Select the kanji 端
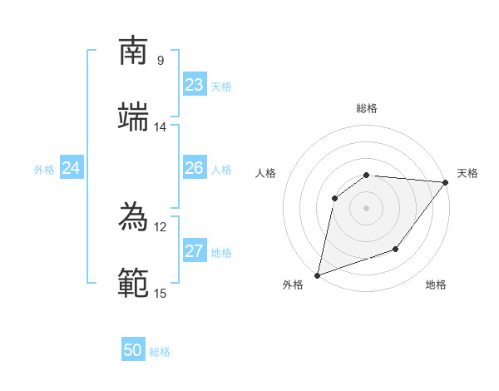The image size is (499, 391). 134,116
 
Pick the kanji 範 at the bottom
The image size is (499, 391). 134,283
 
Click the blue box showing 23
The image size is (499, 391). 195,85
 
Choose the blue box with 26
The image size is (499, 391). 195,168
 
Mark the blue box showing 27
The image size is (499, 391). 195,251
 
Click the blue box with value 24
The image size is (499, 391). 71,168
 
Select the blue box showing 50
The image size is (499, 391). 133,350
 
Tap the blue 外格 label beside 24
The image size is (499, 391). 44,170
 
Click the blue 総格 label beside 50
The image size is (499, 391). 160,352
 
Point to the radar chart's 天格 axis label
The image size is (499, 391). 467,173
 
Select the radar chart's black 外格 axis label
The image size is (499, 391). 293,285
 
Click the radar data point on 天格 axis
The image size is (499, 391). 447,182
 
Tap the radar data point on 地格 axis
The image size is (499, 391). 396,249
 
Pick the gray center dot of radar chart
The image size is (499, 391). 366,208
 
